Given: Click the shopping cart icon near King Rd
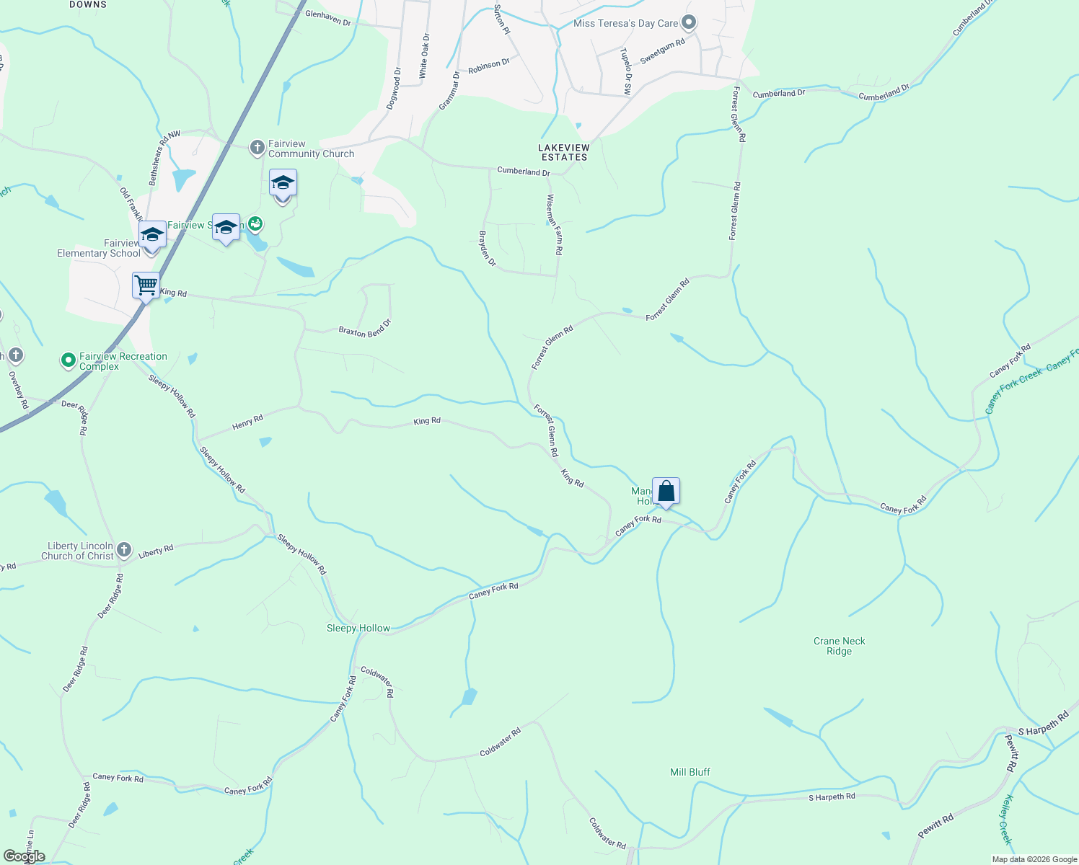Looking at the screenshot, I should (146, 285).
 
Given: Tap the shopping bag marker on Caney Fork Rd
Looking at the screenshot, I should (666, 492).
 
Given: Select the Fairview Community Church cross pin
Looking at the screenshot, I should (257, 148).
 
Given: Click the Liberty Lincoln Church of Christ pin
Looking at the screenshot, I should (124, 551).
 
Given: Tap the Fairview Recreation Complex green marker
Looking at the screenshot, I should (69, 360).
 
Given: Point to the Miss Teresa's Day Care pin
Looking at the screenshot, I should (689, 23).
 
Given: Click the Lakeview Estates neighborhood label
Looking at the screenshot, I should (564, 152).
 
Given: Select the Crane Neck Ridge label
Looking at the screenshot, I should (839, 646).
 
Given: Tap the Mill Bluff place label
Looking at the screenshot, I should (690, 772).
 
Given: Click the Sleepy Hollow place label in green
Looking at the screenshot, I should (358, 629).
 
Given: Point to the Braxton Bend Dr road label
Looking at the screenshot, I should (364, 327).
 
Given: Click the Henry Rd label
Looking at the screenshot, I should (247, 422).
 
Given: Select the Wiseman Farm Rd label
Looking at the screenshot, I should (554, 225).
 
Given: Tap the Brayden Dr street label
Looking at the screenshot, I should (488, 249).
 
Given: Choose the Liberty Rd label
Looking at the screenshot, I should (156, 551).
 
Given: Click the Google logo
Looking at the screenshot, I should (25, 856).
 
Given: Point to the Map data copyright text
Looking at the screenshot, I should (1034, 859).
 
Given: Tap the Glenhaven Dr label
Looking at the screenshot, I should (328, 18).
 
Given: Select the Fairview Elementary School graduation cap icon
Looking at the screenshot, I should (152, 235).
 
